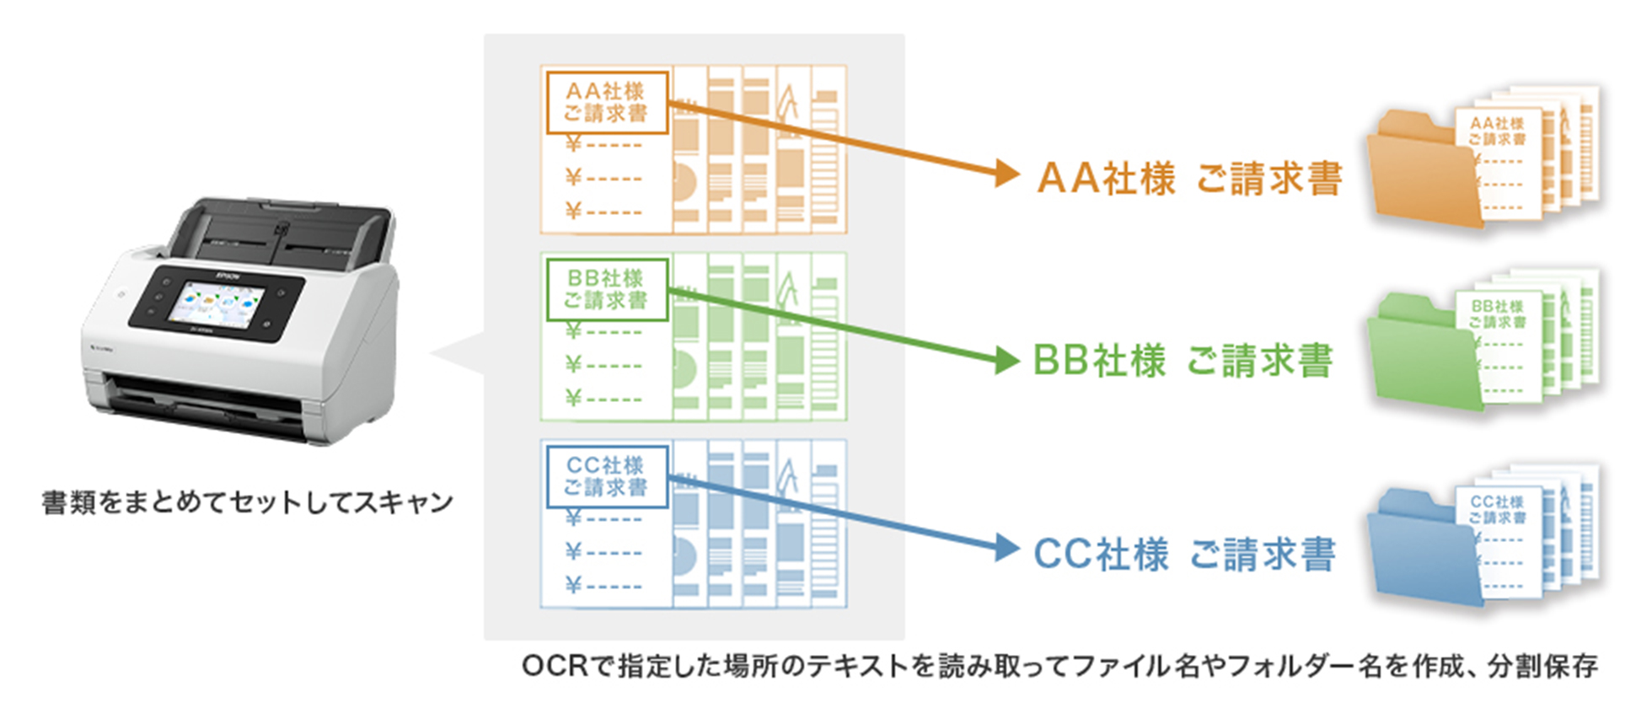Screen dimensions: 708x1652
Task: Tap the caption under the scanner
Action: pos(247,503)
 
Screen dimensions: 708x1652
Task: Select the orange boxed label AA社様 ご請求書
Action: pos(606,103)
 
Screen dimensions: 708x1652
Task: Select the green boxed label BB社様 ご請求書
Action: pos(606,290)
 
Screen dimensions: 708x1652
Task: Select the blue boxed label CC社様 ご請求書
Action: pos(606,477)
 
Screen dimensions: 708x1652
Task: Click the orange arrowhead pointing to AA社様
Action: pos(1006,173)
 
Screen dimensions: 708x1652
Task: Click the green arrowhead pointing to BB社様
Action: pos(1006,360)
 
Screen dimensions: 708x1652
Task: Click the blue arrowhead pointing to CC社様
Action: pos(1006,547)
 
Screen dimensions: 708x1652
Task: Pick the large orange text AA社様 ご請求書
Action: pos(1189,179)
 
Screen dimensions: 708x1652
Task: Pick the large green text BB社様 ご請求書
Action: pos(1183,362)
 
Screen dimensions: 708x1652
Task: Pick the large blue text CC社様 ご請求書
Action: pos(1184,555)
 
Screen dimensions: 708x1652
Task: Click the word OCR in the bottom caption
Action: pos(554,667)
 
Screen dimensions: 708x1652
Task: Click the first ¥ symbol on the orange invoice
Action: pos(573,144)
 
